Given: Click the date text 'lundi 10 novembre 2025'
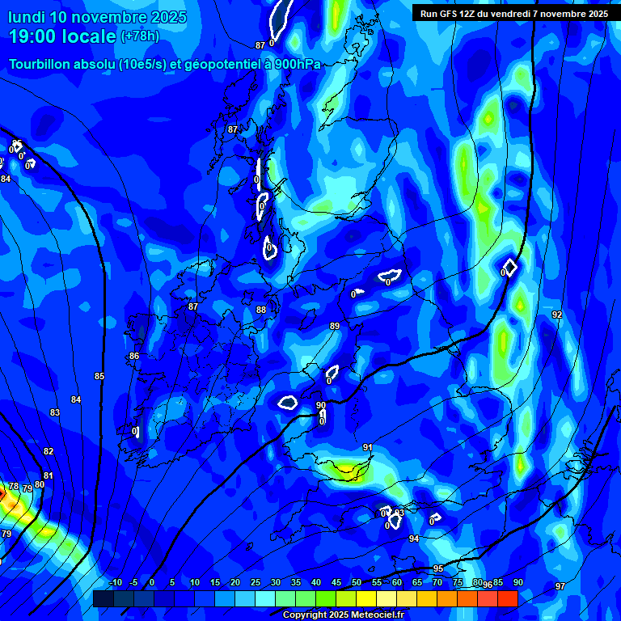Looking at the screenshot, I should coord(97,17).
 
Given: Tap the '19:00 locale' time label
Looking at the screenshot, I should coord(61,36).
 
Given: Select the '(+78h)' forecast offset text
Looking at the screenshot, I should coord(139,36).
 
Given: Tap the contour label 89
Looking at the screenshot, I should coord(335,326).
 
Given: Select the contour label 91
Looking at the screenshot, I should coord(368,447).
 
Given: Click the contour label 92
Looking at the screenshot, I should coord(557,315).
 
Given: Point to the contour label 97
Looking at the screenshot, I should coord(560,586).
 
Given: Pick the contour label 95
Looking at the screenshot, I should coord(438,568).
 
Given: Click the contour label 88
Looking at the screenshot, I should coord(261,310).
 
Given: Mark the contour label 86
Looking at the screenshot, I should coord(134,356).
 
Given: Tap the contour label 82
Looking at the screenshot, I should coord(49,451).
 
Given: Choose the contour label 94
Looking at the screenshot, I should coord(414,539).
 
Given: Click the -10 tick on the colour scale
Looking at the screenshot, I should coord(115,583).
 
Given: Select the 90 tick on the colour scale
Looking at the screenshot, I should coord(517,583).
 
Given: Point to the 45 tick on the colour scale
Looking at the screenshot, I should coord(336,583).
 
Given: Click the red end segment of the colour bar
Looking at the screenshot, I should coord(507,598).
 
